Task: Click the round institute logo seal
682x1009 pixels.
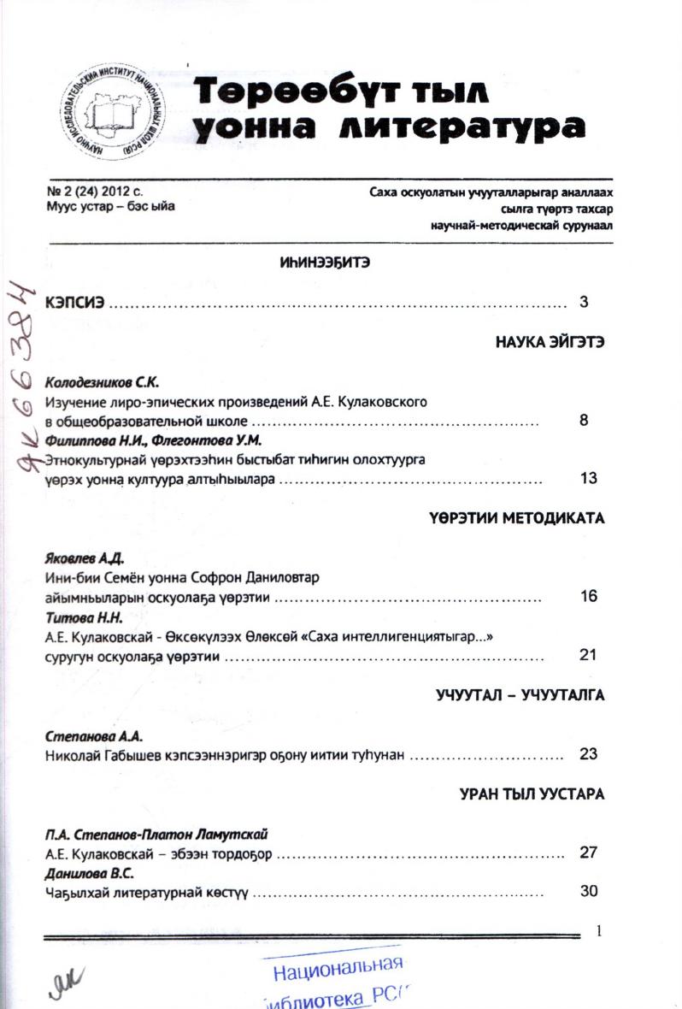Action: [x=115, y=110]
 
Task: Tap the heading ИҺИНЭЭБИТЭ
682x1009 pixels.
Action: [x=325, y=262]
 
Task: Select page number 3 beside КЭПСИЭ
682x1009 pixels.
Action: [x=585, y=302]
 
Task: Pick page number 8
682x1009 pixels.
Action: [x=585, y=421]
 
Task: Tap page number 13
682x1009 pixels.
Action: [x=588, y=479]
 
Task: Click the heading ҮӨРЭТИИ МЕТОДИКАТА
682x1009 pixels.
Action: [x=517, y=519]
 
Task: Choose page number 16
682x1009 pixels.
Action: [x=588, y=597]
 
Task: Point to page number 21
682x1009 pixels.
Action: [x=588, y=656]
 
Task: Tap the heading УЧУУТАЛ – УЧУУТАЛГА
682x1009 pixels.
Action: [x=520, y=696]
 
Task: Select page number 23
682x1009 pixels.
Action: [x=588, y=755]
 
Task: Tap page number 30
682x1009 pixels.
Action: [x=588, y=892]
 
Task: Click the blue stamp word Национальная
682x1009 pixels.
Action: [x=338, y=967]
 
